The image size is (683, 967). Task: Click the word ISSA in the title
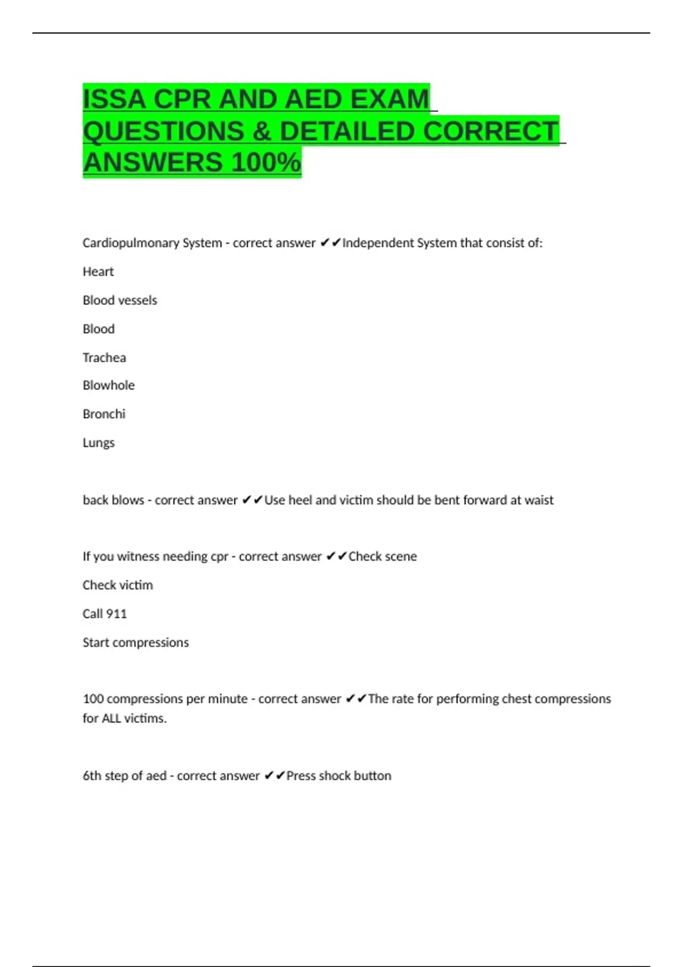pos(114,100)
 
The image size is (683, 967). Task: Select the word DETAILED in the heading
pos(347,131)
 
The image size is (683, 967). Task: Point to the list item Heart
pos(98,272)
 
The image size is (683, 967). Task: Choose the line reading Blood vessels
pos(120,300)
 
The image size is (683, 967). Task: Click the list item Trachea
pos(104,358)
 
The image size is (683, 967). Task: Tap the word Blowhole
pos(109,386)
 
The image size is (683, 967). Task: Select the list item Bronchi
pos(104,414)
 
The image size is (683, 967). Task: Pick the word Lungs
pos(98,443)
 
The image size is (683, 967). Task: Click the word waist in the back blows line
pos(539,500)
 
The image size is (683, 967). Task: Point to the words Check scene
pos(382,556)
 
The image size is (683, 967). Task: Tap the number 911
pos(116,614)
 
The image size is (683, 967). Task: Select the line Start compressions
pos(135,643)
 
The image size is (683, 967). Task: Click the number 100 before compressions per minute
pos(93,699)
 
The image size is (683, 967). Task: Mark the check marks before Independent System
pos(330,243)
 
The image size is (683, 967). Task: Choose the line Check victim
pos(118,585)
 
